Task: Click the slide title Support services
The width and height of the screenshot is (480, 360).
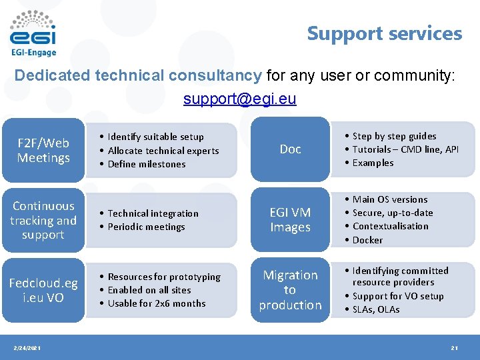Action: coord(384,33)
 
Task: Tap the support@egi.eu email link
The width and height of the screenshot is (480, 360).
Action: coord(239,99)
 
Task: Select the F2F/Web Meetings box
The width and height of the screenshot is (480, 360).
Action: coord(43,151)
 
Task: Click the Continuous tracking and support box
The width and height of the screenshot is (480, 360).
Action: coord(43,221)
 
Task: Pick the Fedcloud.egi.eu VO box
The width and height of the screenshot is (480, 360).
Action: coord(43,291)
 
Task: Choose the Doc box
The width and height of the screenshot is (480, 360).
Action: coord(290,149)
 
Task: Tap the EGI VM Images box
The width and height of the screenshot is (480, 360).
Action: coord(290,220)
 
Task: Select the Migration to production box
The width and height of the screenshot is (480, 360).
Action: coord(290,290)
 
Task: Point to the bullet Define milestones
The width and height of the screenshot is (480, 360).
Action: coord(146,164)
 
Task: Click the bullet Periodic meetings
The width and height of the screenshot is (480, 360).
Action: coord(146,227)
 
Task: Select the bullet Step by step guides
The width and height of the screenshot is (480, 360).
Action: coord(394,136)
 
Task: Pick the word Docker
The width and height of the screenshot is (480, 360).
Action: coord(367,240)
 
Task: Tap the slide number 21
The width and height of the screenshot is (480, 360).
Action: coord(454,349)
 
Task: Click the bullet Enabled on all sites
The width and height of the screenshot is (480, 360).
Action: coord(149,290)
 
